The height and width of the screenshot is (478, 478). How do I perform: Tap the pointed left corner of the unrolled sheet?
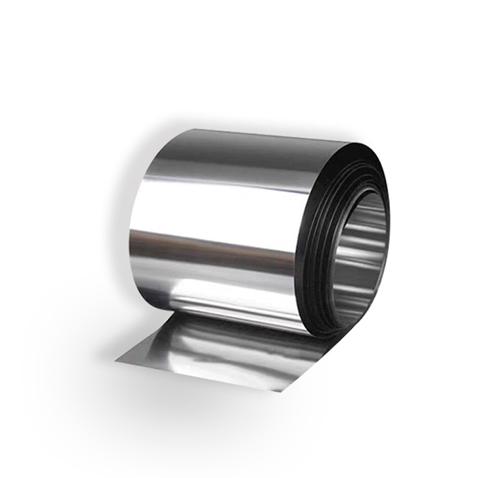(117, 360)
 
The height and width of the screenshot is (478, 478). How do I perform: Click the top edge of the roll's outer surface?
(239, 135)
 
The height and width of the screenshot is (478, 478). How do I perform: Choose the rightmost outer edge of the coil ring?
(389, 239)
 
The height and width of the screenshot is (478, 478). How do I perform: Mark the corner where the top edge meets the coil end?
(350, 144)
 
